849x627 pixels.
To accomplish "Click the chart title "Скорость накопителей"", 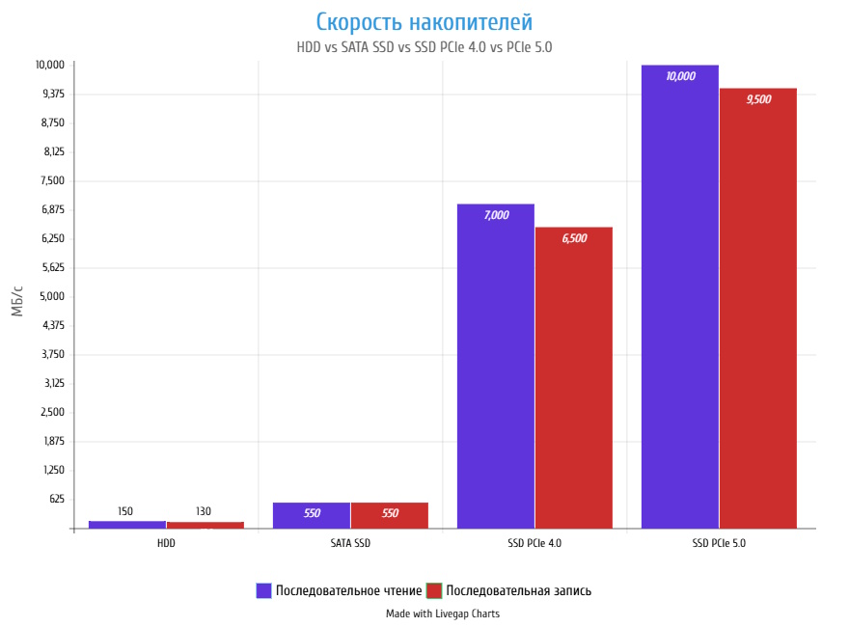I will pos(424,21).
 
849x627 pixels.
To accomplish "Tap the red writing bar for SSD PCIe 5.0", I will pos(758,309).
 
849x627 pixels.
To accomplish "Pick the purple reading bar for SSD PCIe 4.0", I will pos(496,367).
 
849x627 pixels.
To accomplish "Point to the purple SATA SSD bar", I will pos(312,515).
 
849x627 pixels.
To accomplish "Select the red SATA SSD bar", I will pos(390,515).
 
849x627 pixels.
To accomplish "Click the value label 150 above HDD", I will pos(125,511).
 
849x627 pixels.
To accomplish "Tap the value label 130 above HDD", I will pos(204,511).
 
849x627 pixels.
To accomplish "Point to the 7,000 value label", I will pos(496,215).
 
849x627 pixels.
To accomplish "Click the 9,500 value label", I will pos(758,99).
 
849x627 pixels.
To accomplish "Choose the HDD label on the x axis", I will pos(166,543).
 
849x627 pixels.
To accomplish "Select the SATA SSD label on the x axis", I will pos(350,543).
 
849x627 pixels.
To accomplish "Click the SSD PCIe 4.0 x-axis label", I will pos(534,543).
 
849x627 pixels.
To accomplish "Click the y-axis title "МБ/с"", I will pos(17,301).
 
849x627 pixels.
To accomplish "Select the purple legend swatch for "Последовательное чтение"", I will pos(263,590).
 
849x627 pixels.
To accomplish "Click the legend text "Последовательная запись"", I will pos(518,590).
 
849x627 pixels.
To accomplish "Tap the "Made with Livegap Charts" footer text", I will pos(443,613).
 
